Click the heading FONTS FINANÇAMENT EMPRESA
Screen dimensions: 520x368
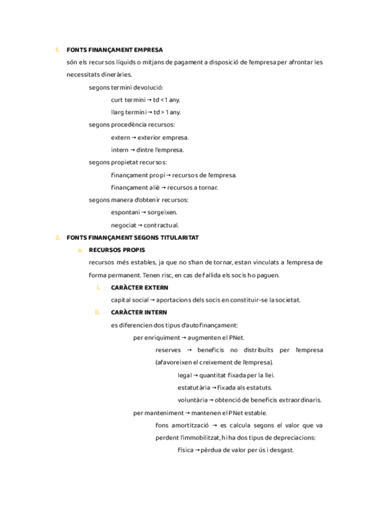[x=115, y=50]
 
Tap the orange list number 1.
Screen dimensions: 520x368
[x=56, y=50]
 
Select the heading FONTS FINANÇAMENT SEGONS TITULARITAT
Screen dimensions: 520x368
[x=132, y=237]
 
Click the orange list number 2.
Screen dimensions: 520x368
[x=57, y=237]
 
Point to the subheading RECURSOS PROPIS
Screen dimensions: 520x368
[x=117, y=250]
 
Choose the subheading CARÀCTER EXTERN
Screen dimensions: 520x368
[x=139, y=288]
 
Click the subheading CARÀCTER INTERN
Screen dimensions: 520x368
[x=139, y=313]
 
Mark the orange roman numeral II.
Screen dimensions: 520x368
[x=98, y=313]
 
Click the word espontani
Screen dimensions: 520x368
[x=125, y=212]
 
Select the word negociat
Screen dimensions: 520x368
[x=123, y=225]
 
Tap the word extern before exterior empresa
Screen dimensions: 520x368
[x=120, y=137]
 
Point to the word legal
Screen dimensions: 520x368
[x=184, y=375]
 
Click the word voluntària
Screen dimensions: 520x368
[x=193, y=400]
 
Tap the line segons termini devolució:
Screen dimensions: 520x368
[x=126, y=87]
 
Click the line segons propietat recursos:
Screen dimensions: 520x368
[x=128, y=162]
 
